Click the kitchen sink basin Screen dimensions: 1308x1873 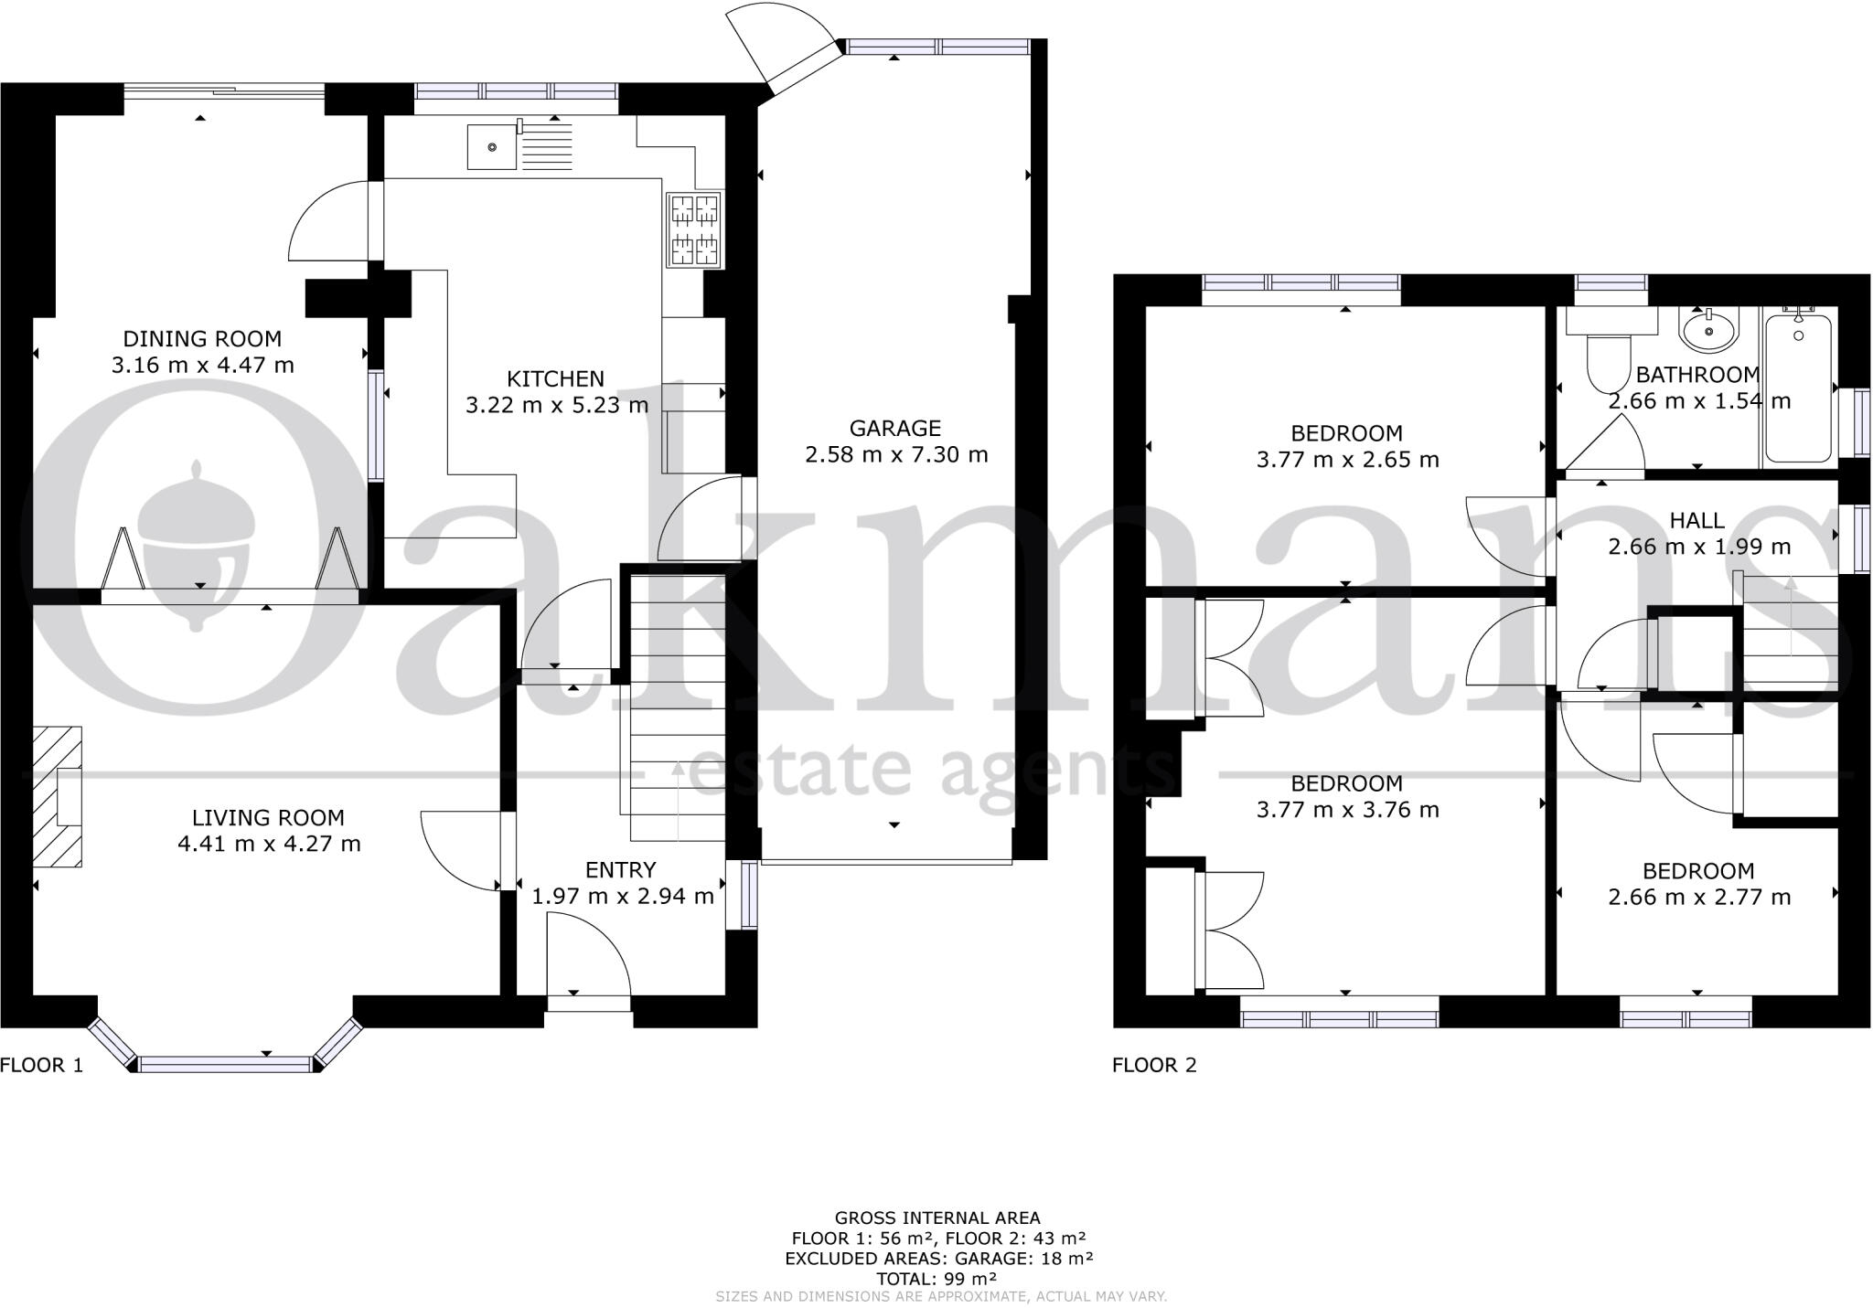point(492,147)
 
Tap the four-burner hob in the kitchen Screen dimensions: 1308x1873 point(694,229)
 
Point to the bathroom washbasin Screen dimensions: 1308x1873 point(1707,331)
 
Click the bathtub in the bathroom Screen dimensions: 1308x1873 point(1798,388)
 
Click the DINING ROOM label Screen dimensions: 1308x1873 point(202,339)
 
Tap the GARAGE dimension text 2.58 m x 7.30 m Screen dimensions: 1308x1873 point(895,454)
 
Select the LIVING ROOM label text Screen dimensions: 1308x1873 point(268,818)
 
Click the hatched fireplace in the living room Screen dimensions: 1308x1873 point(58,796)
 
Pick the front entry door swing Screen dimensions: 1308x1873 point(588,960)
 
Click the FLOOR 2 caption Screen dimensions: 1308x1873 point(1154,1065)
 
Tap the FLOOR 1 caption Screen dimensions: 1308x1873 point(42,1065)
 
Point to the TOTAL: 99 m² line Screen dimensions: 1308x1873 point(936,1279)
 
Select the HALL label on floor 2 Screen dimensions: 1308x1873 point(1697,521)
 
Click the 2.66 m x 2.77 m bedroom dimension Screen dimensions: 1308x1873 point(1698,897)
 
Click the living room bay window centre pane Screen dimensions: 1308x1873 point(225,1063)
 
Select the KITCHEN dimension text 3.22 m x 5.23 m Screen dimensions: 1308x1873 point(556,405)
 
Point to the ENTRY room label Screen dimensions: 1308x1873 point(621,870)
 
